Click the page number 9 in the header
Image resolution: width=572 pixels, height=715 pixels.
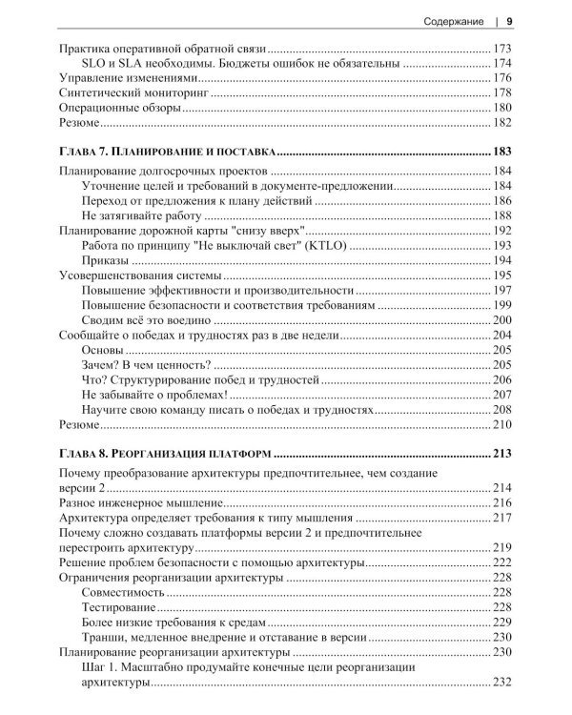click(509, 21)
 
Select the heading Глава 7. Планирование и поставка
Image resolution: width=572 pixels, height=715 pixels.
click(168, 151)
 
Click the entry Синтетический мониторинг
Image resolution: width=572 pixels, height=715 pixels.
click(127, 92)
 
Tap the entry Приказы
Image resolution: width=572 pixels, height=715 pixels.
click(105, 260)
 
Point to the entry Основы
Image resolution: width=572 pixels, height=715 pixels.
click(104, 350)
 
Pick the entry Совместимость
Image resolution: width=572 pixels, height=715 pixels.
click(123, 592)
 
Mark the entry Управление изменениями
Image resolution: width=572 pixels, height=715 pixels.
click(127, 77)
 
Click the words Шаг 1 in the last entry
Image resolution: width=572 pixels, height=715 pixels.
click(101, 667)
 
